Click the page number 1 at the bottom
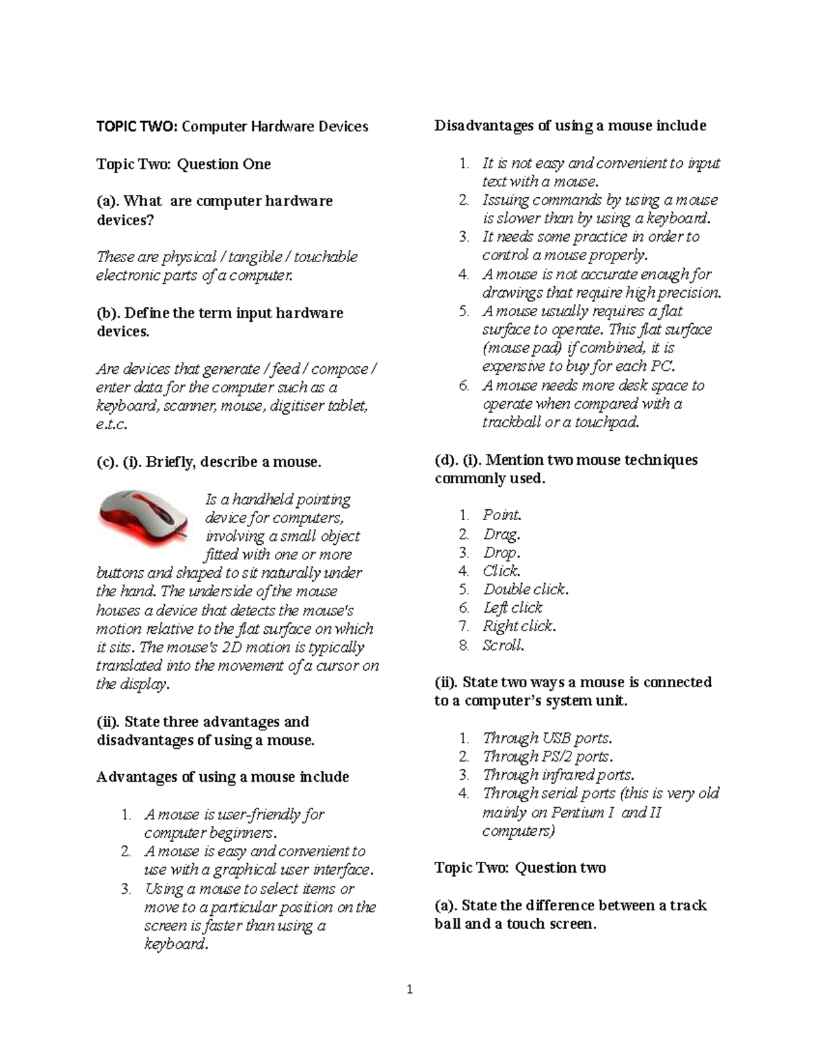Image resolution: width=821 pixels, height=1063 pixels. click(x=409, y=990)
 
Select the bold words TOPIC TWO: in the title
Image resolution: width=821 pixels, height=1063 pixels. click(x=137, y=127)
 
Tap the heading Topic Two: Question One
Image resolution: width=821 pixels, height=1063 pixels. click(x=183, y=164)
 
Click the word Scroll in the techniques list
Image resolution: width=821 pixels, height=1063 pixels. click(x=503, y=645)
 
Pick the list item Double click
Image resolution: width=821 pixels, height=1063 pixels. click(x=525, y=589)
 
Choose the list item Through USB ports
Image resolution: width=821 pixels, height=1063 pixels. click(x=547, y=738)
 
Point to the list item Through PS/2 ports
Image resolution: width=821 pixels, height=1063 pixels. click(x=547, y=756)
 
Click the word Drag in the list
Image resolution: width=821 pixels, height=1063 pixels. click(x=501, y=534)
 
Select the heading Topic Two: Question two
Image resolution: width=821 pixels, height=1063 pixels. click(x=520, y=868)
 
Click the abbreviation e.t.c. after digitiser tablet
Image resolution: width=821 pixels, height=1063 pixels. click(x=112, y=424)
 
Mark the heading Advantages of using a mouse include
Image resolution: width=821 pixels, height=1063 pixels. click(x=223, y=777)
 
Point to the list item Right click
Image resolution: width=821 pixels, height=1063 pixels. click(x=519, y=626)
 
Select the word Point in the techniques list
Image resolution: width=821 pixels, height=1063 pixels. click(x=501, y=515)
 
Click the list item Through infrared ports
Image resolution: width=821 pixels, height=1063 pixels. click(x=558, y=775)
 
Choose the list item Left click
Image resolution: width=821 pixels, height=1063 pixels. click(x=512, y=608)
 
